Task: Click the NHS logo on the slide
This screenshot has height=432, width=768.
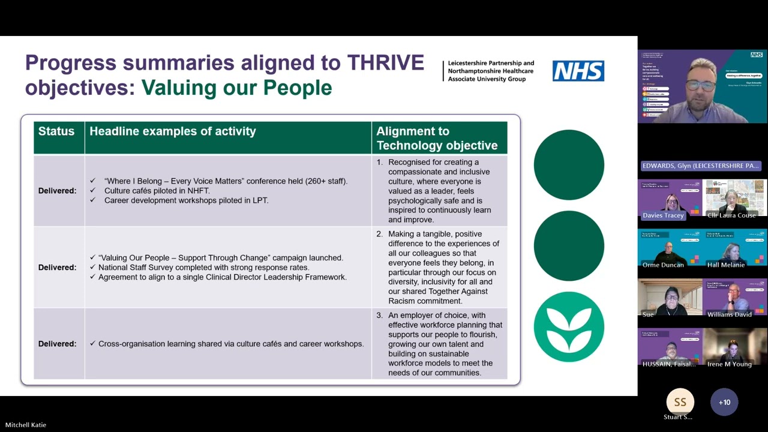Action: click(x=578, y=71)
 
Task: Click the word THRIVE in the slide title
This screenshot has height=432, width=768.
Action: click(x=385, y=62)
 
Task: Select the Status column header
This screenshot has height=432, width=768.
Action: click(x=56, y=131)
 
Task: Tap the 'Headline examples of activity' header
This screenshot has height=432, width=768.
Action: click(x=173, y=131)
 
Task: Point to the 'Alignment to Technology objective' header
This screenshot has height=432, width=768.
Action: click(x=437, y=138)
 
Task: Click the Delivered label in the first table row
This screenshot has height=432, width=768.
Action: click(x=58, y=191)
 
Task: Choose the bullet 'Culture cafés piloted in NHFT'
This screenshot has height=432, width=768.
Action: click(x=157, y=191)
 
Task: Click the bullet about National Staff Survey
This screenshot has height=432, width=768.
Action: click(x=203, y=268)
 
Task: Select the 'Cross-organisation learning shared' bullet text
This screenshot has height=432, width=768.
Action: click(x=231, y=344)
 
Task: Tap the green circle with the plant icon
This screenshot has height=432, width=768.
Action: click(x=569, y=327)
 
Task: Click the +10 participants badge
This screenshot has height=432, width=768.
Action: click(x=724, y=402)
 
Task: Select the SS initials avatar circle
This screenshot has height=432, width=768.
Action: click(x=680, y=402)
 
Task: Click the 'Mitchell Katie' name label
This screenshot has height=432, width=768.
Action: click(x=26, y=425)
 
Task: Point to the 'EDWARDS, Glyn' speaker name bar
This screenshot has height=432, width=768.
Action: click(x=701, y=166)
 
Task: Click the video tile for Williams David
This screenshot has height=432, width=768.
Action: click(x=734, y=298)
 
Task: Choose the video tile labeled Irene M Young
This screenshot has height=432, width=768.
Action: click(x=734, y=347)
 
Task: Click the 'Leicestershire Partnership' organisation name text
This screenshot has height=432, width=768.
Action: click(x=491, y=63)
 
